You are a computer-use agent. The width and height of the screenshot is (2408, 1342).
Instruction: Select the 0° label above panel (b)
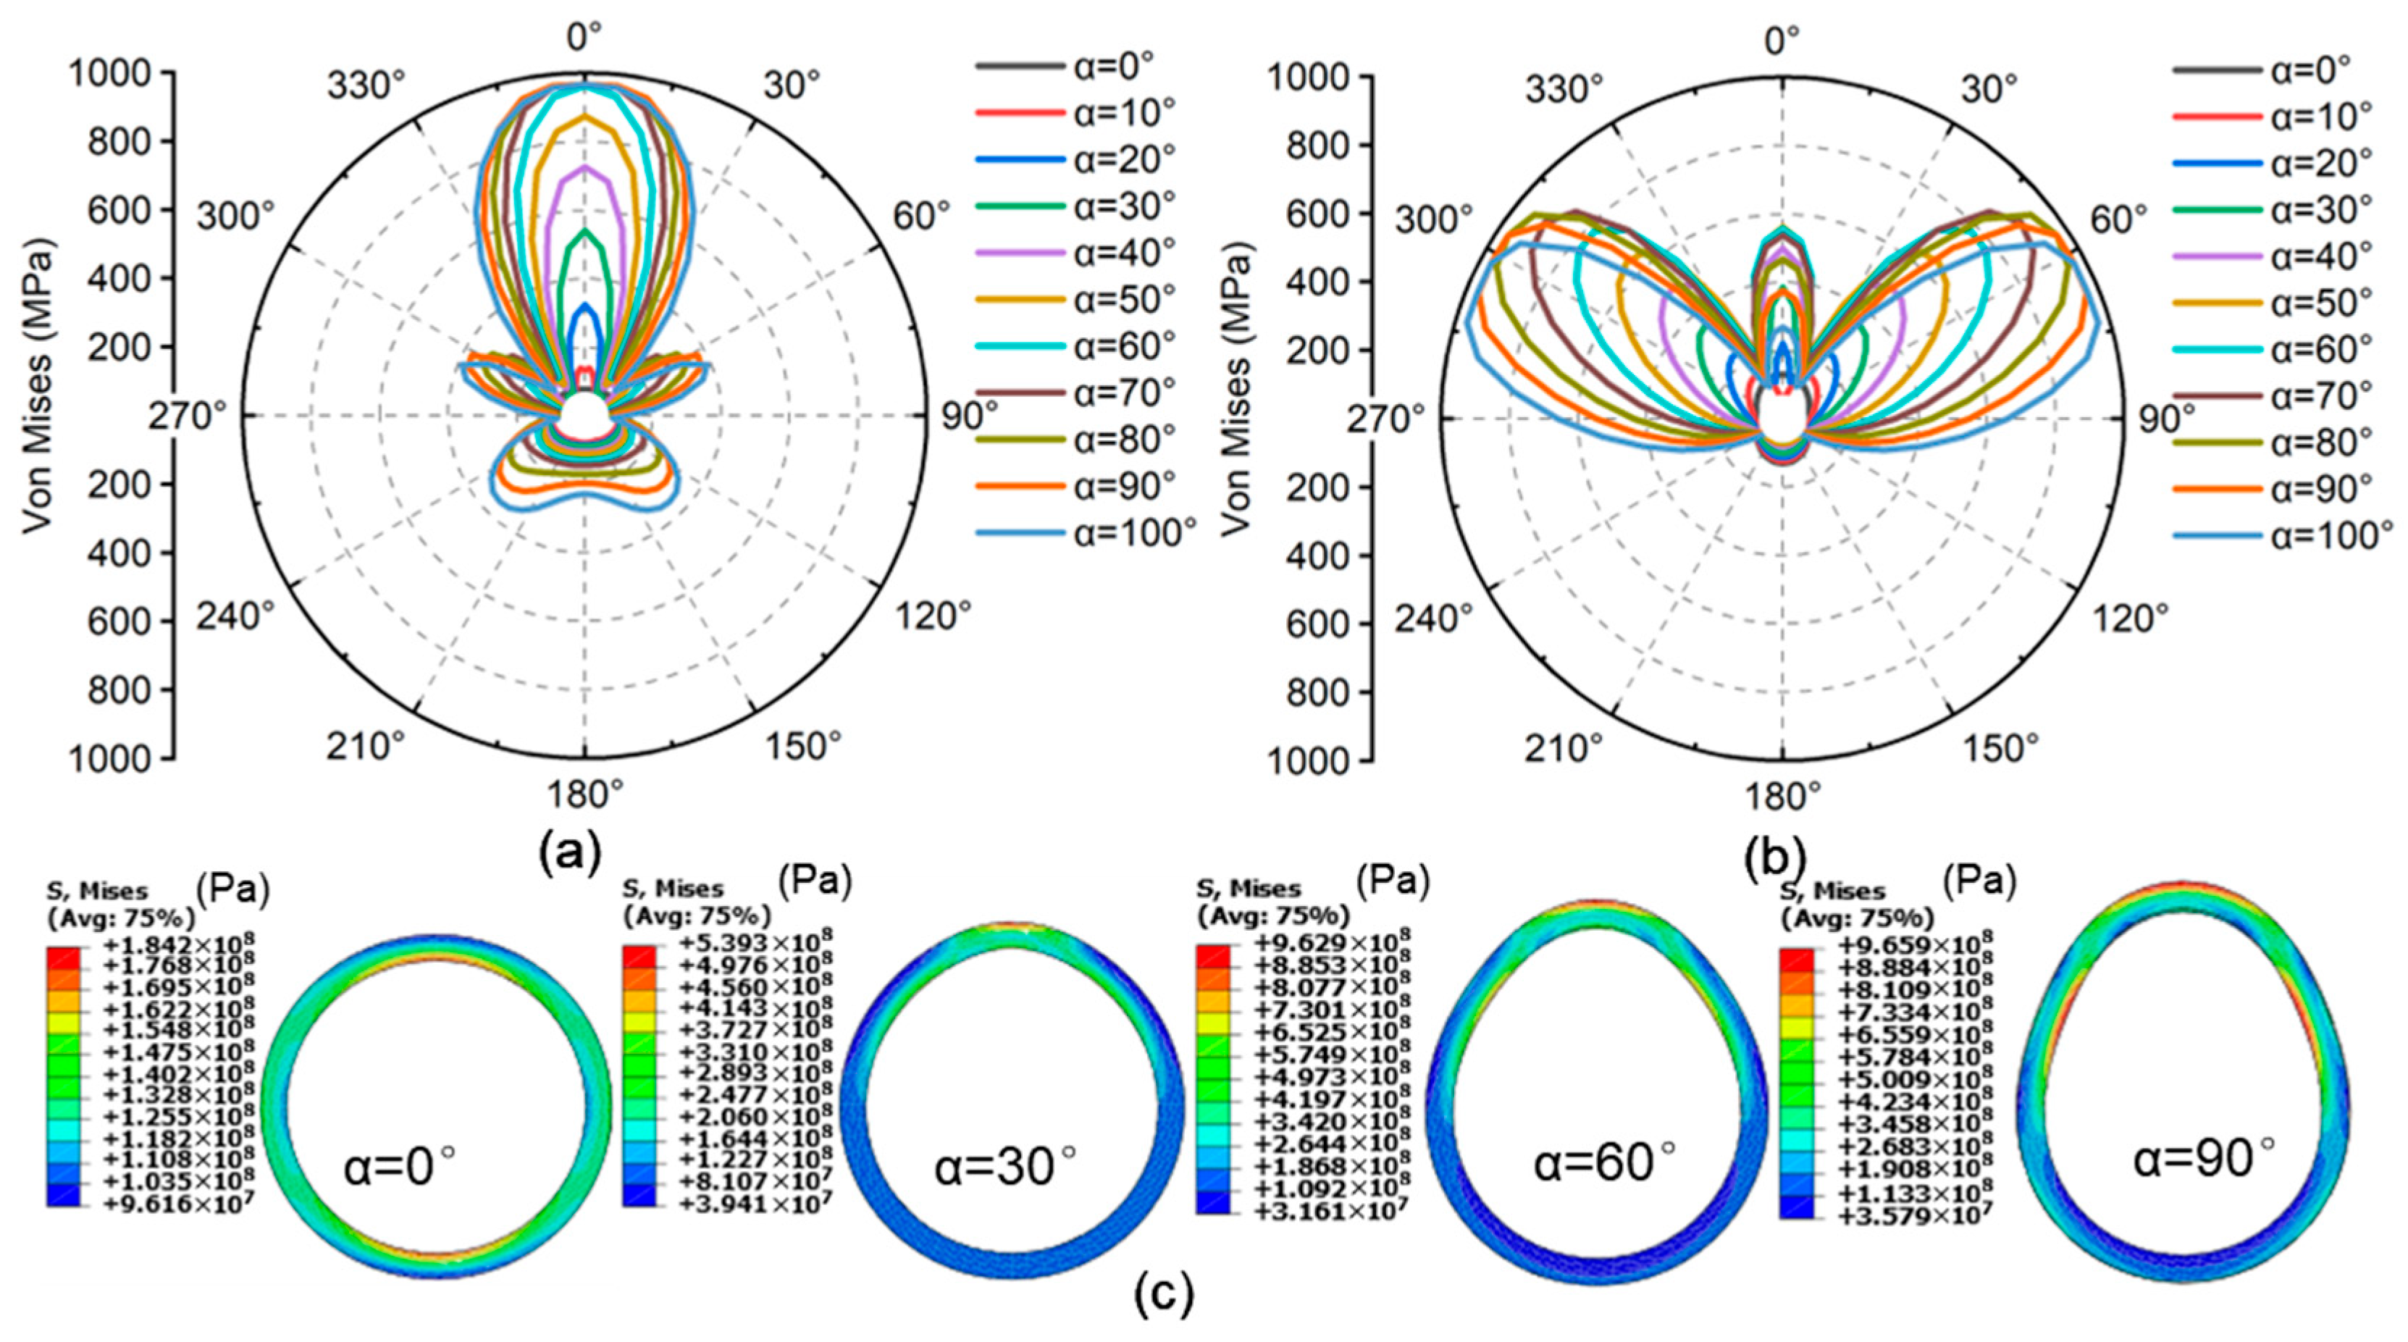click(1782, 42)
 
